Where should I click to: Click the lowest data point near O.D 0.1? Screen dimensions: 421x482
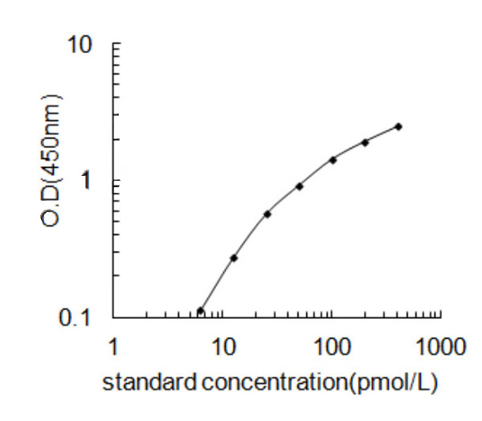(x=200, y=311)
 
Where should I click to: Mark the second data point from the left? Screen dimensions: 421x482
(x=234, y=258)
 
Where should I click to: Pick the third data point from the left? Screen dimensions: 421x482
(x=267, y=214)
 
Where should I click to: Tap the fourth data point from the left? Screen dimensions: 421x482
(x=300, y=186)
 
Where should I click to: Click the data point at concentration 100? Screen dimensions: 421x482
(x=333, y=159)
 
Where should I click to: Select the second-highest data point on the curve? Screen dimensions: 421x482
(x=366, y=142)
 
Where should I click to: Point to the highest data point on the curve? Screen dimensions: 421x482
(x=398, y=126)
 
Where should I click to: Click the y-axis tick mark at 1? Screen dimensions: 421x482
(x=115, y=181)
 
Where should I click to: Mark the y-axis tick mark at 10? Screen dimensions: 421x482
(x=115, y=44)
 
